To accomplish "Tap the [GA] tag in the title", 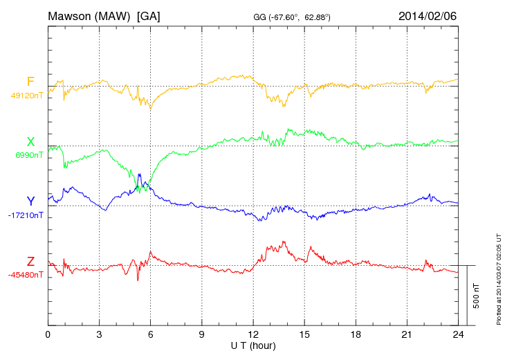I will coord(149,16).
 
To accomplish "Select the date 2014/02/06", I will coord(428,16).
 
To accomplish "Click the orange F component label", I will coord(30,82).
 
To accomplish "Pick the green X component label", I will coord(30,142).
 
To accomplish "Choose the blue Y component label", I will coord(30,201).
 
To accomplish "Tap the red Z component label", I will coord(30,262).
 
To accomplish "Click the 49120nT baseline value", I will coord(27,96).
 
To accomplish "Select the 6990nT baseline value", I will coord(29,155).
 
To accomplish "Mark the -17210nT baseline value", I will coord(26,215).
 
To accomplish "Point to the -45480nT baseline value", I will coord(26,275).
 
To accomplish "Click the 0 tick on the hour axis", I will coord(48,334).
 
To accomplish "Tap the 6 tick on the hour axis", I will coord(150,334).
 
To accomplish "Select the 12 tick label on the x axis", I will coord(253,334).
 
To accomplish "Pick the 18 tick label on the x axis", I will coord(356,334).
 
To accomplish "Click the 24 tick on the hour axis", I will coord(458,334).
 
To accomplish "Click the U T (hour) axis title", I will coord(253,345).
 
